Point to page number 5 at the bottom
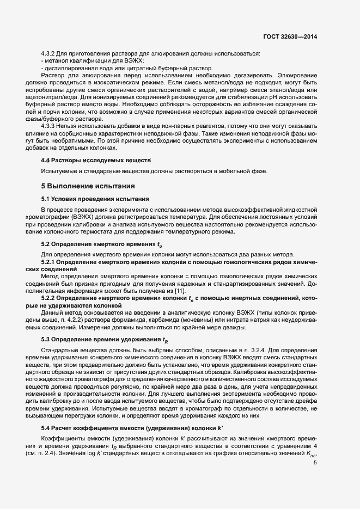tap(315, 463)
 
